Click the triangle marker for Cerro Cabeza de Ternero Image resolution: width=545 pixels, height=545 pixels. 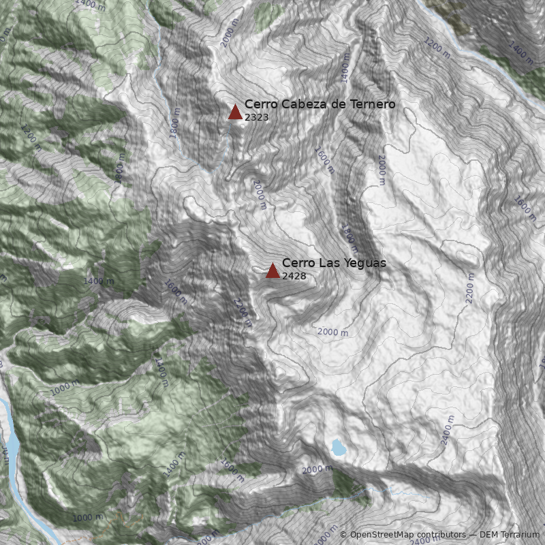pos(235,112)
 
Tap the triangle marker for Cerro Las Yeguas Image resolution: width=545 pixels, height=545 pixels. pos(272,271)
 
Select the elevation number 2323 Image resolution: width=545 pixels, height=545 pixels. pos(257,117)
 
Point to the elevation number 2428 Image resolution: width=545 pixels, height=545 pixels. pos(294,276)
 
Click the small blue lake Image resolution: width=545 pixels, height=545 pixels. pos(338,447)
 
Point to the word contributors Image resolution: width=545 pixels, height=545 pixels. pos(442,535)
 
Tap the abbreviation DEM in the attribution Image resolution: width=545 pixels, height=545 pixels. pos(490,535)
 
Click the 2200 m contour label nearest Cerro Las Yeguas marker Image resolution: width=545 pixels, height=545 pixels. pos(242,313)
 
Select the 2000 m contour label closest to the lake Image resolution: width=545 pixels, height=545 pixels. pos(317,469)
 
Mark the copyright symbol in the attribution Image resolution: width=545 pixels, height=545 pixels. pos(343,535)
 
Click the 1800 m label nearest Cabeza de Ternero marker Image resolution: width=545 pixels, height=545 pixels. pos(176,123)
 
